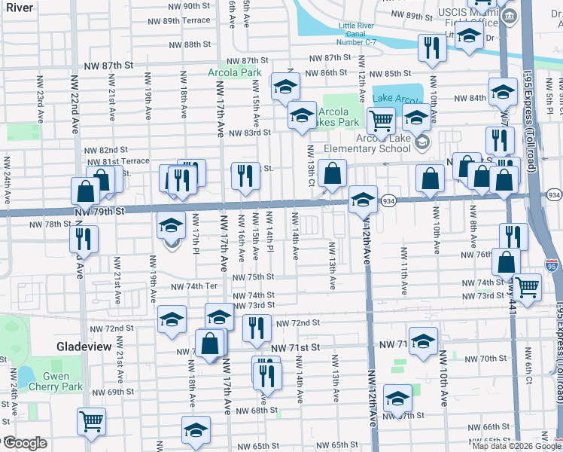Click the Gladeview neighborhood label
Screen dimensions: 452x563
click(x=84, y=347)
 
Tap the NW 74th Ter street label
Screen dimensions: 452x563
click(x=193, y=286)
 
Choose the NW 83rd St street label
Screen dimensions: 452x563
click(x=251, y=133)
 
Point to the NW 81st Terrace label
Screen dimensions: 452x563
click(x=118, y=161)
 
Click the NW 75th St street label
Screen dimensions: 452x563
click(x=253, y=277)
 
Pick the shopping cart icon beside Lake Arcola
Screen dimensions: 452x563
click(x=381, y=119)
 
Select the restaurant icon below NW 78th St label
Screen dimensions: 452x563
click(x=83, y=239)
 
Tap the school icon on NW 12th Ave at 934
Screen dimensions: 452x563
click(x=363, y=200)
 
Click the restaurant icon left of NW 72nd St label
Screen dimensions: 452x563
click(x=257, y=326)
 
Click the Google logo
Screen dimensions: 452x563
click(x=25, y=443)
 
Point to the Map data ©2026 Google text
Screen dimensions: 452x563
click(x=517, y=446)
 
